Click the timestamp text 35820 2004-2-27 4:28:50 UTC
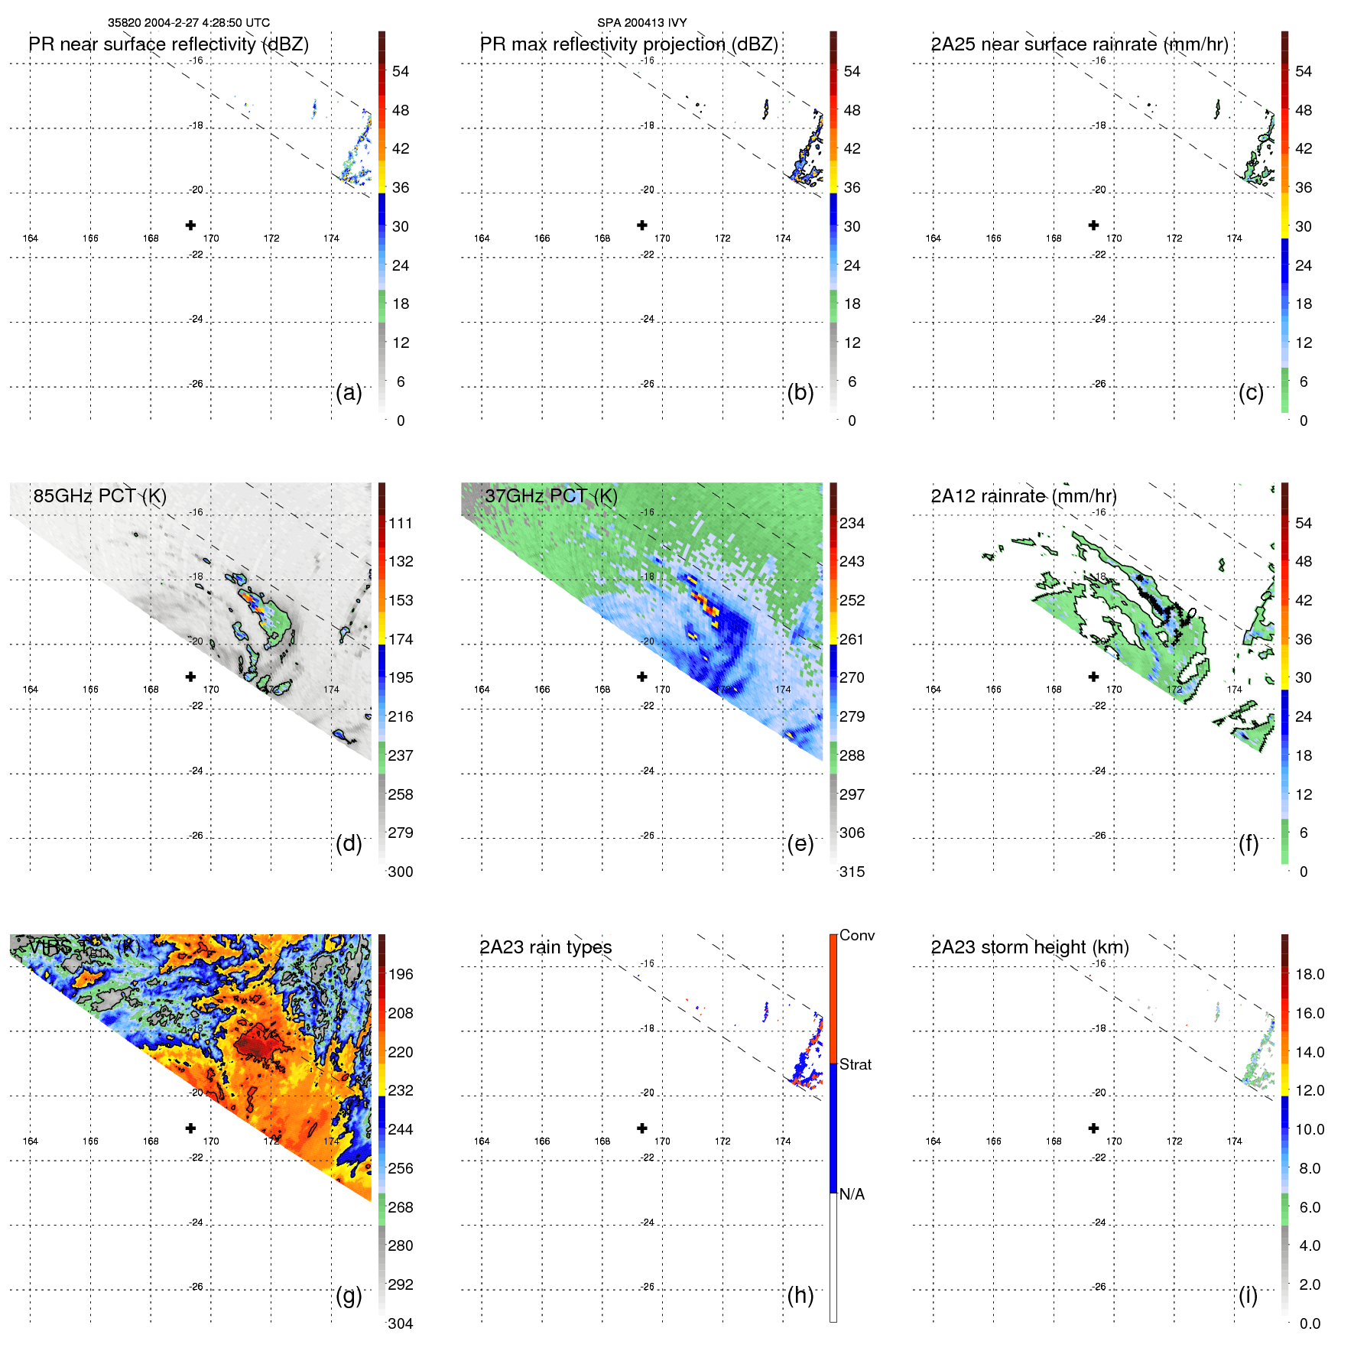coord(188,23)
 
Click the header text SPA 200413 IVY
coord(641,23)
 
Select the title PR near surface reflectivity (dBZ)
coord(168,44)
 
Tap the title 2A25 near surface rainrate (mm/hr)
coord(1079,44)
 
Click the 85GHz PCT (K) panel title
coord(99,496)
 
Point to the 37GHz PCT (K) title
coord(550,496)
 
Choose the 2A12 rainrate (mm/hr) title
coord(1023,496)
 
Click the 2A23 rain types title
coord(545,947)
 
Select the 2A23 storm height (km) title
coord(1029,947)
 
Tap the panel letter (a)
coord(349,392)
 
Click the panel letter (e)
coord(800,843)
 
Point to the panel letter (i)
coord(1248,1295)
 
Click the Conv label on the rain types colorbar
coord(856,935)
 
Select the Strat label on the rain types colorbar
coord(855,1064)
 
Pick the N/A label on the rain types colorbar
coord(852,1194)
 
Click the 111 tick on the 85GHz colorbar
coord(400,523)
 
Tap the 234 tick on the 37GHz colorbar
coord(852,523)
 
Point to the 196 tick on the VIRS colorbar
coord(400,974)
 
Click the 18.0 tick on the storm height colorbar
coord(1309,974)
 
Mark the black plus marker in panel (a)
coord(190,225)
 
